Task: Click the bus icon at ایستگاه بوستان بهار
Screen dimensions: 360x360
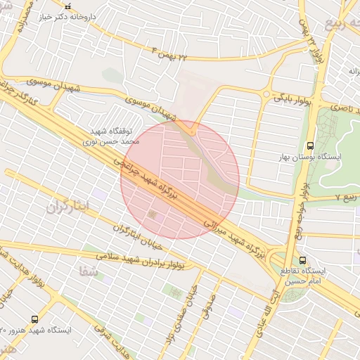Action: pyautogui.click(x=311, y=146)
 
